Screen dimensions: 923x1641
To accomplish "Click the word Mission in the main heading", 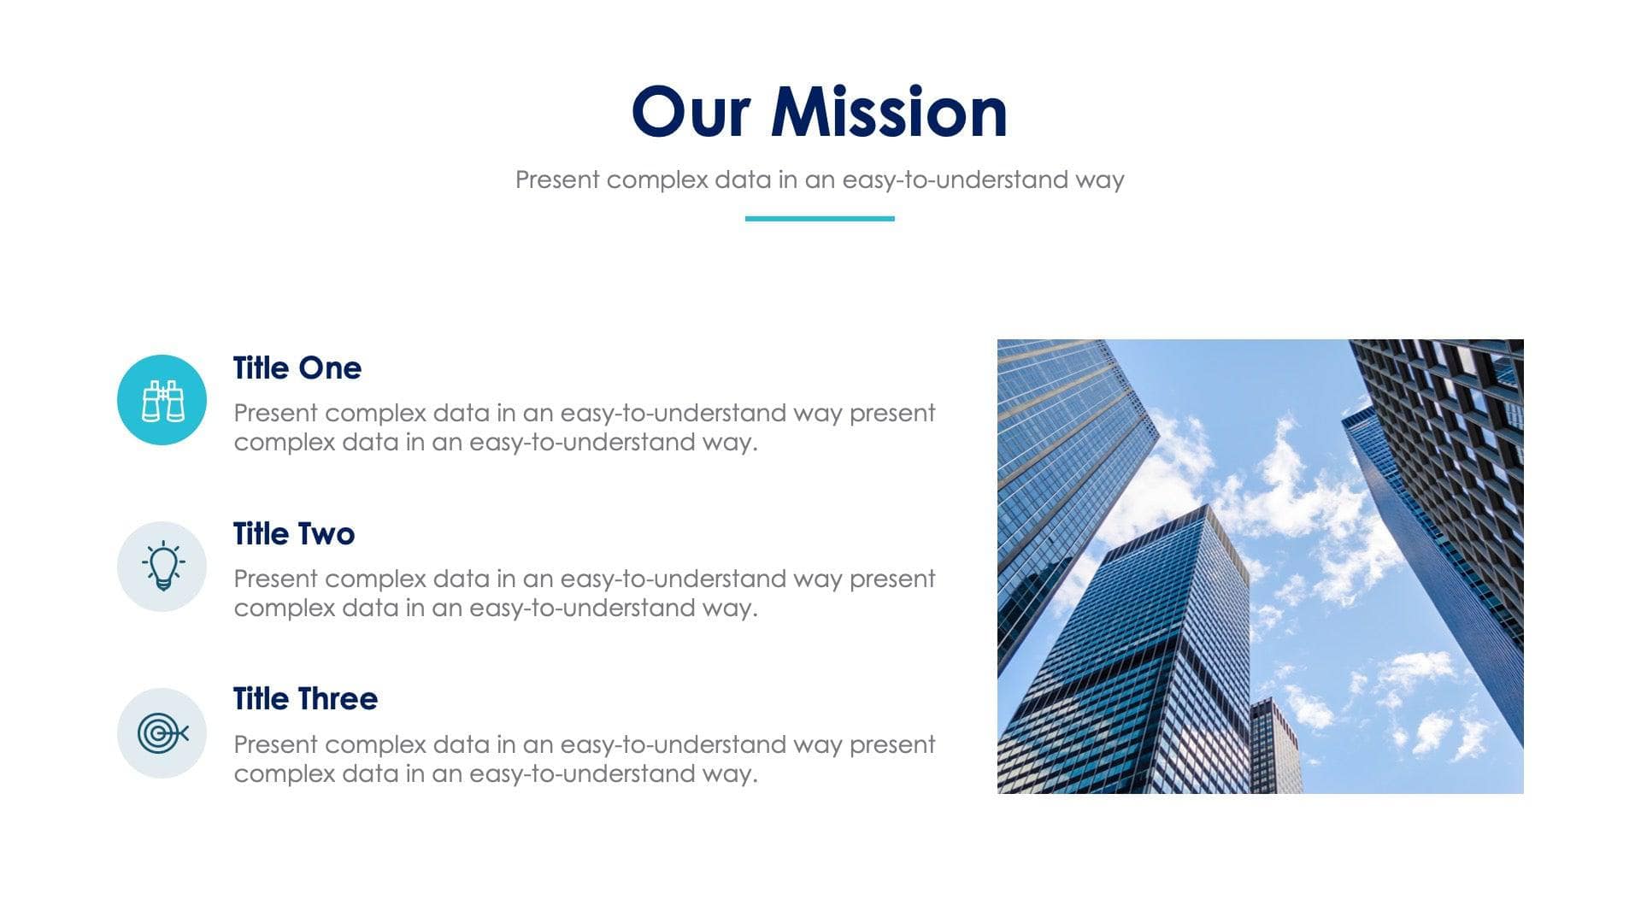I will point(889,112).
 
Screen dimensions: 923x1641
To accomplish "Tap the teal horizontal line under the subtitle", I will point(820,219).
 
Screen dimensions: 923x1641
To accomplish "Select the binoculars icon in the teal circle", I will point(162,400).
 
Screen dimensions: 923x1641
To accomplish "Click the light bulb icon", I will point(162,566).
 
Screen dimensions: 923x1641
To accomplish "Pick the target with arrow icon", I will point(162,733).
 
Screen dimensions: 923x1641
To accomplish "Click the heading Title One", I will point(297,368).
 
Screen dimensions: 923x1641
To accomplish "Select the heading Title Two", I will point(293,534).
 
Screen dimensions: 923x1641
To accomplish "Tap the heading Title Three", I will point(305,699).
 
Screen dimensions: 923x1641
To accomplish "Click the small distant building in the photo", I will point(1275,745).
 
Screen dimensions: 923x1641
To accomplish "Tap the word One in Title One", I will point(330,368).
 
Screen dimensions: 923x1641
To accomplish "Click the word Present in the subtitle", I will point(557,180).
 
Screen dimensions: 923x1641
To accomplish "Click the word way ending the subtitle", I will point(1100,180).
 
